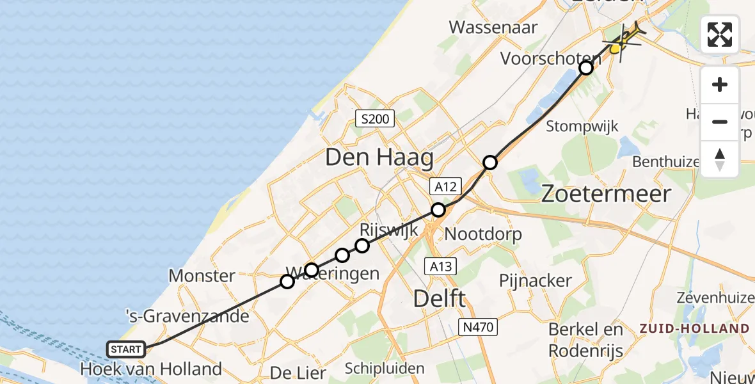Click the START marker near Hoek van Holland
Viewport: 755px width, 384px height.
[x=125, y=349]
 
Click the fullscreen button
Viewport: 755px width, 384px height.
[x=720, y=35]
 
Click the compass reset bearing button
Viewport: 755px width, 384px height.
[x=720, y=159]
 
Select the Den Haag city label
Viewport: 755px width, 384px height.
[x=379, y=157]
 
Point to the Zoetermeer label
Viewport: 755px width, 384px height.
[x=606, y=193]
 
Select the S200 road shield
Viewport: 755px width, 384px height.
[x=376, y=118]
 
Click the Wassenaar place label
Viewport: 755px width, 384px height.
[x=493, y=28]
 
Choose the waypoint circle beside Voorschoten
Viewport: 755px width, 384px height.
[x=586, y=68]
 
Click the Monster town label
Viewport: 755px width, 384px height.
[x=202, y=276]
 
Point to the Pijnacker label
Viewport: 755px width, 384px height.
[x=536, y=280]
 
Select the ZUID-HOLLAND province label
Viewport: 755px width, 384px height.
[x=694, y=328]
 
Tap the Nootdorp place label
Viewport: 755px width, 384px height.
[x=483, y=234]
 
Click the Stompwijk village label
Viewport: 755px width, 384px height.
[x=582, y=126]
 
